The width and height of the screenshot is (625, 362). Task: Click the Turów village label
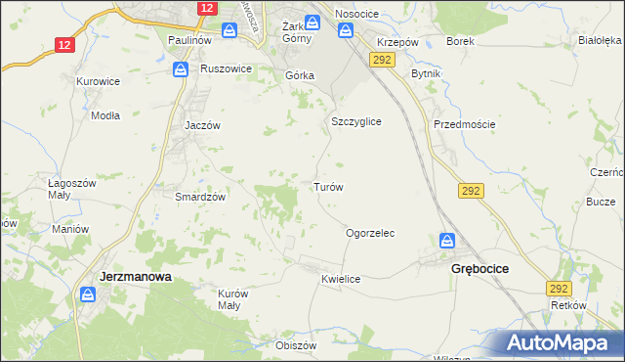(327, 186)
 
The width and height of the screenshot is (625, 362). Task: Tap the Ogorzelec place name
(370, 234)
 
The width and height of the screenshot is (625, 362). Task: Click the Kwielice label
(341, 279)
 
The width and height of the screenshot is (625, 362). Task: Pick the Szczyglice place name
(355, 121)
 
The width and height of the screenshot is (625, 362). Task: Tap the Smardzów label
(200, 197)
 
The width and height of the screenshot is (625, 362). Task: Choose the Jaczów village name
(204, 126)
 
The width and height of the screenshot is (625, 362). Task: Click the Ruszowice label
(227, 69)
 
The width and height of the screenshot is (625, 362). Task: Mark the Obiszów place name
(297, 345)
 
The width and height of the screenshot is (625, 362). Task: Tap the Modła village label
(104, 114)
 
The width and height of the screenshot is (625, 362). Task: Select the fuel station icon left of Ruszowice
(181, 69)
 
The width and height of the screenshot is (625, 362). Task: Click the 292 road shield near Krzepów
(381, 60)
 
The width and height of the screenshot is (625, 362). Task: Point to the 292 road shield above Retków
(559, 289)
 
